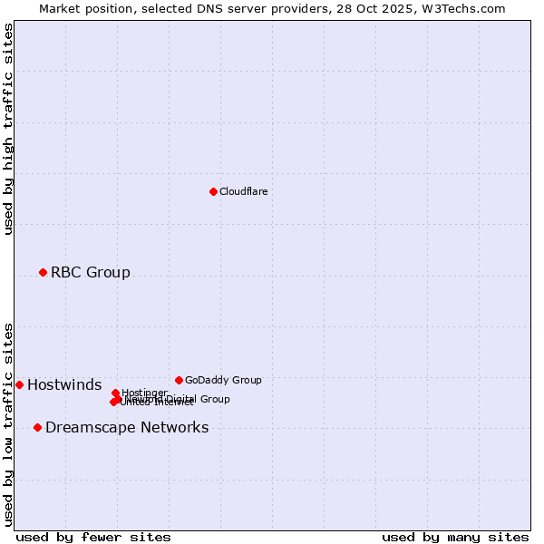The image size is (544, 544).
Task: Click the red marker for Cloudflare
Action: [x=213, y=191]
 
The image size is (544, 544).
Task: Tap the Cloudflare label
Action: [x=243, y=191]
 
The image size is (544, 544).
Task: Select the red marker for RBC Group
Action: [x=43, y=272]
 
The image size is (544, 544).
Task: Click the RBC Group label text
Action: [x=90, y=272]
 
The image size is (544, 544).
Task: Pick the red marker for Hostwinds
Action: [x=19, y=384]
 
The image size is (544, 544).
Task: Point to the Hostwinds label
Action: [x=64, y=384]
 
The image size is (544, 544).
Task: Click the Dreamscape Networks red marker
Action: [x=37, y=427]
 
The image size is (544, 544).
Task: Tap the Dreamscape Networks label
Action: [x=127, y=427]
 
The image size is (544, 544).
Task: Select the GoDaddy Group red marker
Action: [x=179, y=380]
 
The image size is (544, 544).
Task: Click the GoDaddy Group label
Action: [x=223, y=380]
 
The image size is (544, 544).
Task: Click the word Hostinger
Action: [x=144, y=393]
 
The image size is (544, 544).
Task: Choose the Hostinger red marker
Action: [x=115, y=393]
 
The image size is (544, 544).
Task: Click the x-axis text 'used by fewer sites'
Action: [x=93, y=537]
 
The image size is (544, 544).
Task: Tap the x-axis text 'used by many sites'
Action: [x=455, y=537]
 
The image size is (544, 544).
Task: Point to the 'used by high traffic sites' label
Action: [x=8, y=129]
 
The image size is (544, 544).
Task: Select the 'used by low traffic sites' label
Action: [x=8, y=424]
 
